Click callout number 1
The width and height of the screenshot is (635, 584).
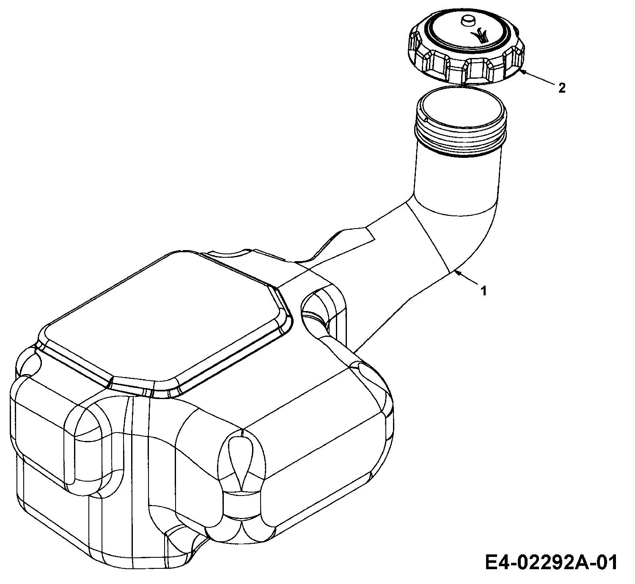click(x=484, y=290)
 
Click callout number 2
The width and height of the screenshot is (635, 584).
click(x=562, y=88)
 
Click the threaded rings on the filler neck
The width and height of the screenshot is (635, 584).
click(x=461, y=135)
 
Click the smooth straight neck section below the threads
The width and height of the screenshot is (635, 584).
click(x=457, y=181)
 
